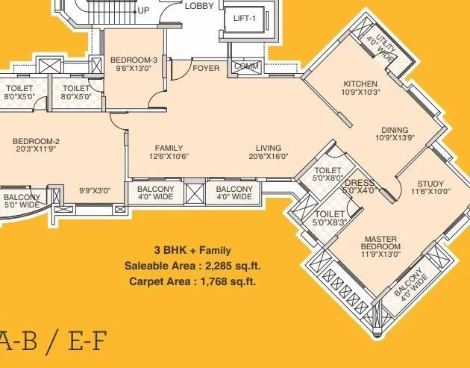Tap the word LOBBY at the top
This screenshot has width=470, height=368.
(x=198, y=5)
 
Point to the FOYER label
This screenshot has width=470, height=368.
(x=206, y=69)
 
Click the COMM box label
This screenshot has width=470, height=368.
(x=245, y=66)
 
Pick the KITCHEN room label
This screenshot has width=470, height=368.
(x=360, y=84)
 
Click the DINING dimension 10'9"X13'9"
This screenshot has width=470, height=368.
(x=395, y=138)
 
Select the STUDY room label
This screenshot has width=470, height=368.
(x=430, y=184)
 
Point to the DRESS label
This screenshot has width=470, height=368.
(x=360, y=182)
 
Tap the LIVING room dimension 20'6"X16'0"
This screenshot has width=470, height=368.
(x=269, y=158)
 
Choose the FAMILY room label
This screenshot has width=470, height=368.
(x=169, y=148)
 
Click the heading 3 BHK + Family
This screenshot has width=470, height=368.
(x=192, y=250)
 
